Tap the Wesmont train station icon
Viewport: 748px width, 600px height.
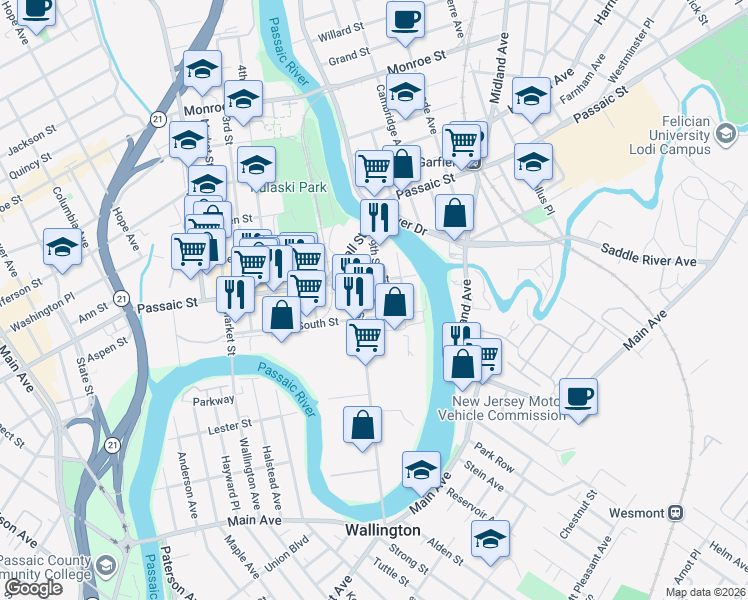tap(677, 512)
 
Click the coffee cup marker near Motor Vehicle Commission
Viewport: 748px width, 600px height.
tap(577, 396)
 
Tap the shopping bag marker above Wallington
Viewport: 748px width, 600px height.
tap(362, 424)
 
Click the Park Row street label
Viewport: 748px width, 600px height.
tap(494, 458)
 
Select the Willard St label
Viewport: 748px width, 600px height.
tap(339, 34)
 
